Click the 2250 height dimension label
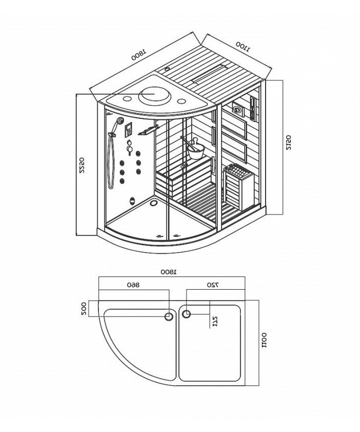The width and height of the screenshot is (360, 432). [81, 166]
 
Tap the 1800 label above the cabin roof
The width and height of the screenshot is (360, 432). [138, 54]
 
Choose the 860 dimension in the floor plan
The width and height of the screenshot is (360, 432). [133, 285]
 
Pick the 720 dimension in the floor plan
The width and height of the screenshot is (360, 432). [213, 285]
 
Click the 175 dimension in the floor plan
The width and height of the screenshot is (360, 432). [215, 321]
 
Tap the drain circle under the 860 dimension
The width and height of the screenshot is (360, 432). [169, 316]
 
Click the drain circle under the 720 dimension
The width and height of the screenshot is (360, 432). [186, 314]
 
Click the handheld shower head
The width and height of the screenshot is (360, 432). [119, 121]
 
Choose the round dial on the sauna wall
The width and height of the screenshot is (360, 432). [237, 108]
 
